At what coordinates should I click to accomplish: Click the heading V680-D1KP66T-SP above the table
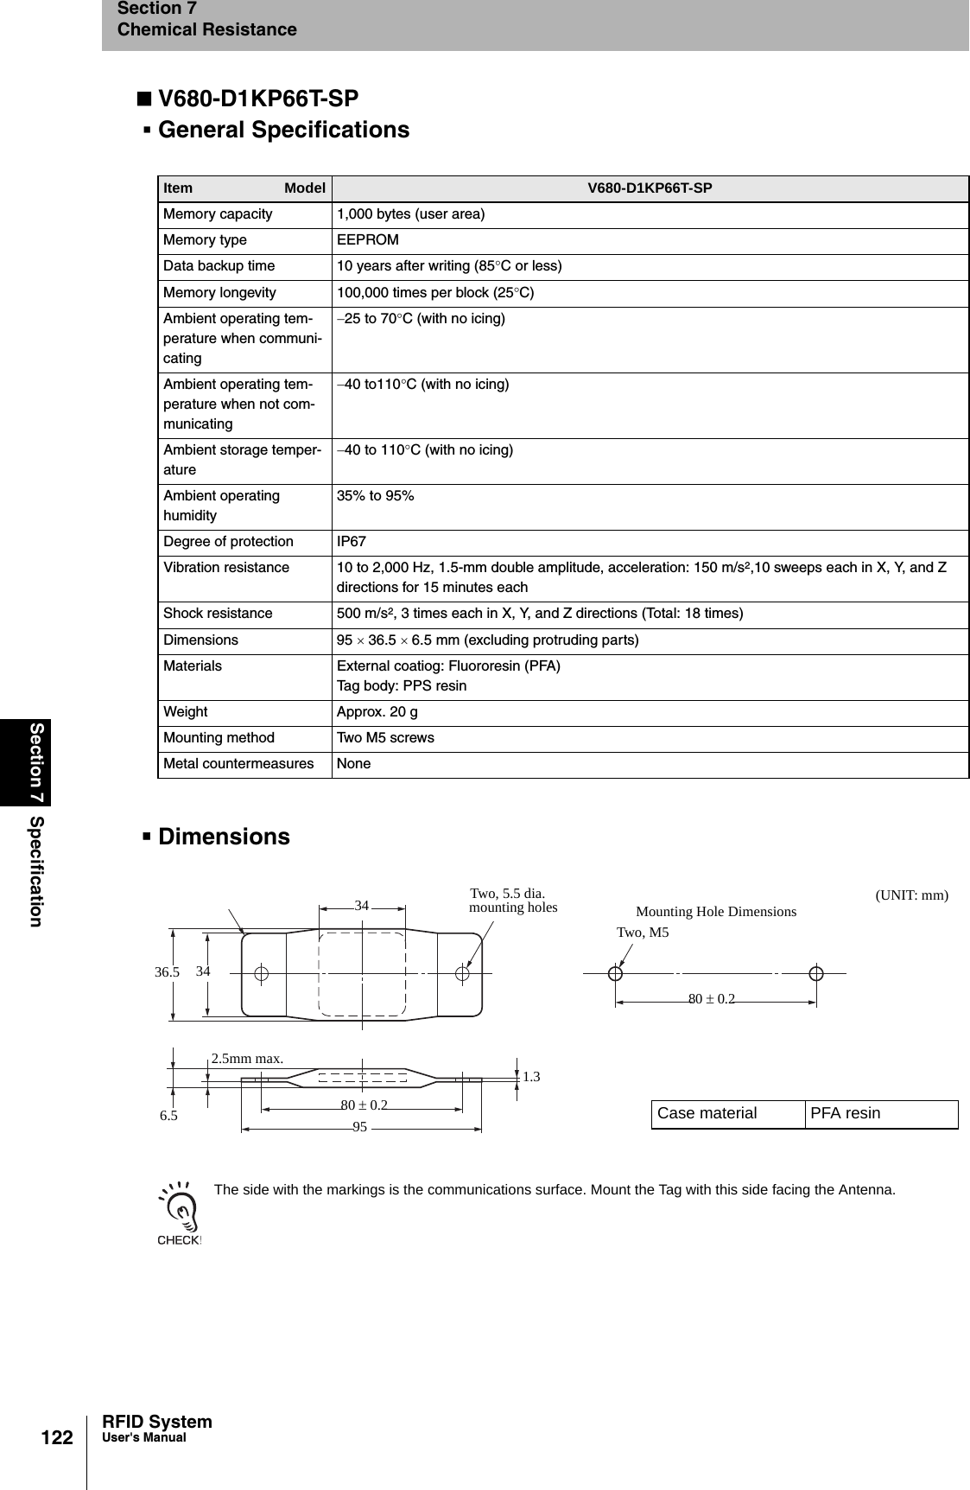click(258, 99)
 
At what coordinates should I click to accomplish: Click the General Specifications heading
click(283, 130)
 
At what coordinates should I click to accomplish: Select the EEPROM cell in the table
click(368, 240)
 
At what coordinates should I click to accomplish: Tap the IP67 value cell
click(352, 542)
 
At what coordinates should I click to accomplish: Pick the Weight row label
click(186, 712)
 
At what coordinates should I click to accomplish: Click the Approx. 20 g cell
click(377, 712)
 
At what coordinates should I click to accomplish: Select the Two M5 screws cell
click(385, 738)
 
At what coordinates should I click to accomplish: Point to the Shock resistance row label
click(218, 614)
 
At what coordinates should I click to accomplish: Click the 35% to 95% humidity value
click(375, 496)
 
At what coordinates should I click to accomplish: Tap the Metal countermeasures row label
click(238, 764)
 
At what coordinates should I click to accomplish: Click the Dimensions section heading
click(224, 837)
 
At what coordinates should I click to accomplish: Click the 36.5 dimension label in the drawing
click(167, 972)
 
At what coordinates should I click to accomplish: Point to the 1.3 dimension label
click(531, 1077)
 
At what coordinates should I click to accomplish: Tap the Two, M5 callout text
click(643, 933)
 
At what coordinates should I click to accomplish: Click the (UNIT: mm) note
click(911, 895)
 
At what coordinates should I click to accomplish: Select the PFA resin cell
click(845, 1113)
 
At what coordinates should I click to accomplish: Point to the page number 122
click(59, 1438)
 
